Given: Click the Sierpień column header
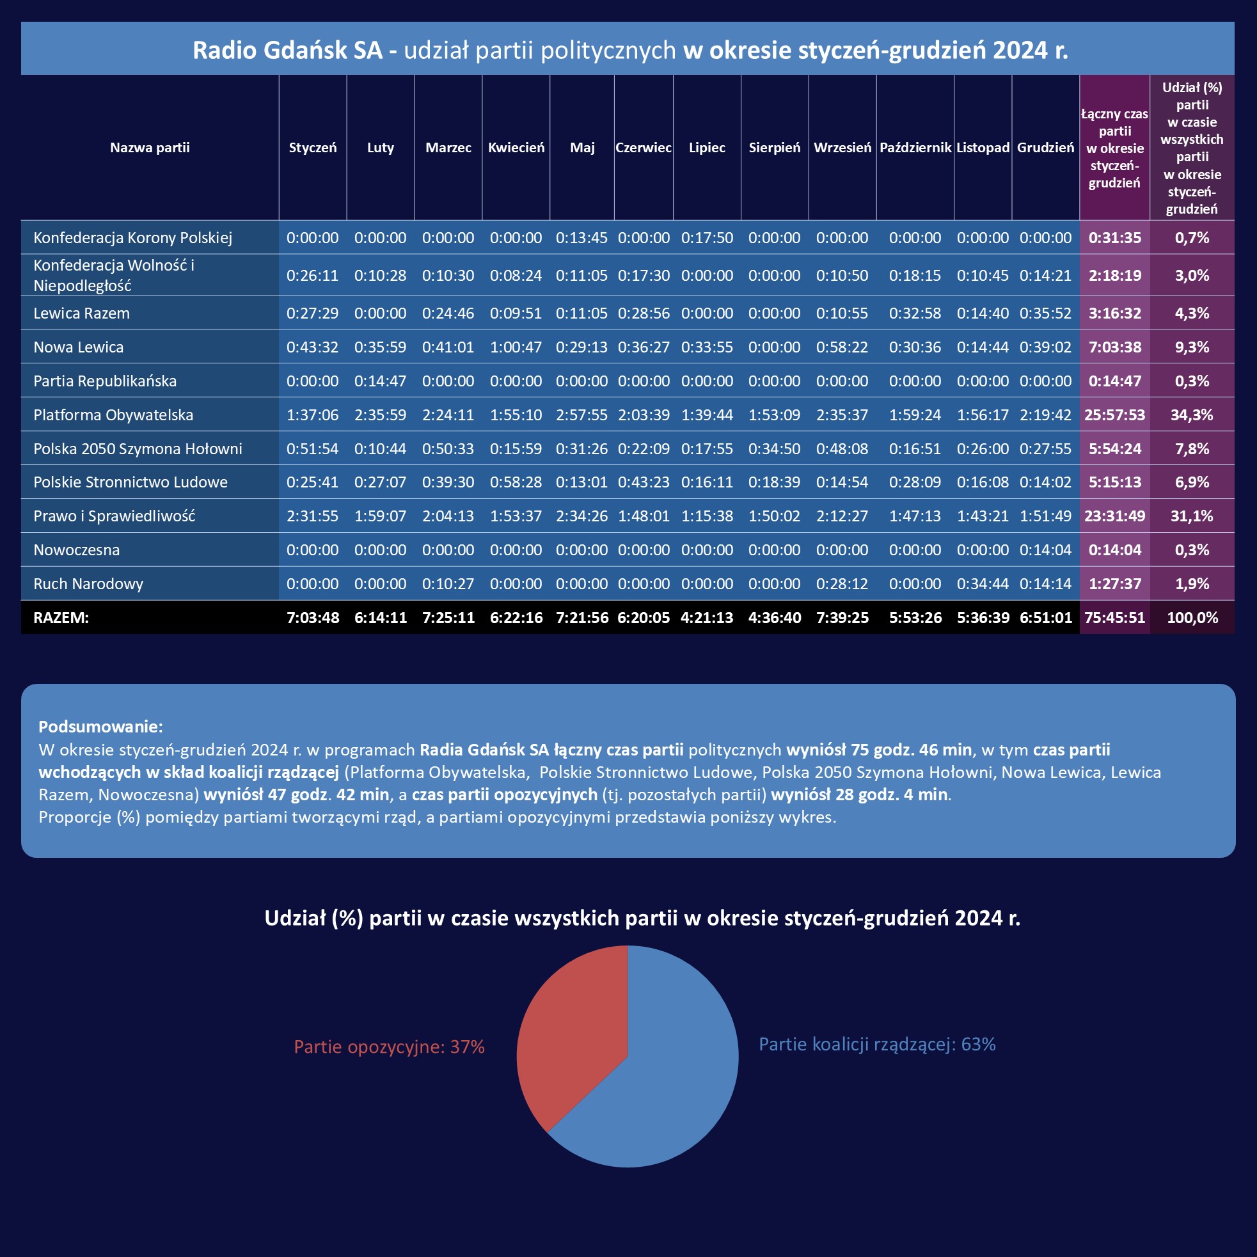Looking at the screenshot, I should pyautogui.click(x=774, y=148).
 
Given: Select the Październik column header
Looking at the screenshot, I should pyautogui.click(x=915, y=148).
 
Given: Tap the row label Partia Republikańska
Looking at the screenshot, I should pyautogui.click(x=105, y=381).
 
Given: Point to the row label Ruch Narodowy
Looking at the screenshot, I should pyautogui.click(x=88, y=583).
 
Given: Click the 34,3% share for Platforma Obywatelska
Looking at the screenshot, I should pyautogui.click(x=1191, y=415).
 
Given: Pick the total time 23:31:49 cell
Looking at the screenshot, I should pyautogui.click(x=1114, y=516).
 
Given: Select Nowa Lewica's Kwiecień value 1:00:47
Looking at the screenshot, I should pyautogui.click(x=516, y=347).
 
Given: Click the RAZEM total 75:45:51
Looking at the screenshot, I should pyautogui.click(x=1114, y=617).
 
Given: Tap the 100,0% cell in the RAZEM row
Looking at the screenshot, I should pyautogui.click(x=1192, y=617).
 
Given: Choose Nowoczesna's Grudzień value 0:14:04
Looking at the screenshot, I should pyautogui.click(x=1045, y=549).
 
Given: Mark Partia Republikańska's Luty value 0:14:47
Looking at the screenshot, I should pyautogui.click(x=380, y=381).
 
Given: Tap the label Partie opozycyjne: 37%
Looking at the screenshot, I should pyautogui.click(x=389, y=1047).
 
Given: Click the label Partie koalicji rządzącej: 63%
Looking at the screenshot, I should pyautogui.click(x=877, y=1044).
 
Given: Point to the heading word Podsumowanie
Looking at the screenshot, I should pyautogui.click(x=100, y=726).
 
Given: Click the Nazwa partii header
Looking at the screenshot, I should pyautogui.click(x=150, y=148).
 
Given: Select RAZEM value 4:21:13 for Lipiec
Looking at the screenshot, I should pyautogui.click(x=707, y=617).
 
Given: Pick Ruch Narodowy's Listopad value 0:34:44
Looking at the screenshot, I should pyautogui.click(x=983, y=583).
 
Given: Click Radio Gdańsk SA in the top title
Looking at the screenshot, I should pyautogui.click(x=287, y=50).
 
